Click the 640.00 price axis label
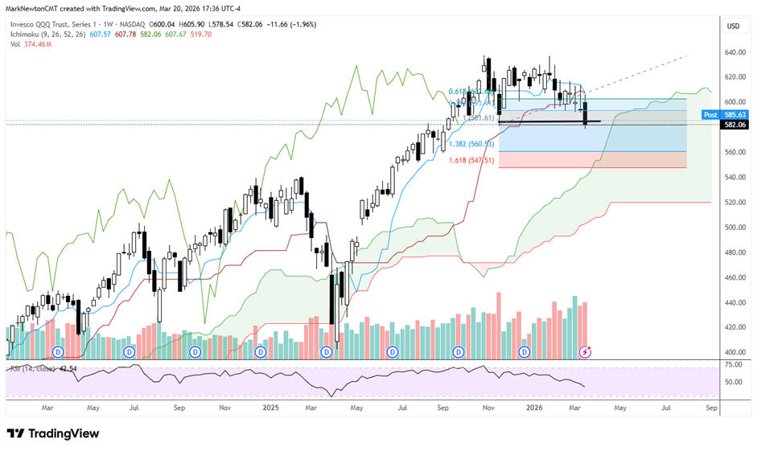[731, 53]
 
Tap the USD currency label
[733, 27]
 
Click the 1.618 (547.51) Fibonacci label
[471, 161]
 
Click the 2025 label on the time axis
[269, 408]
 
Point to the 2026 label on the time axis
[533, 408]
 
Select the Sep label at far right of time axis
[711, 408]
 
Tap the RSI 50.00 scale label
[733, 382]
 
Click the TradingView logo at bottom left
[53, 433]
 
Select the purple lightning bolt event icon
[587, 352]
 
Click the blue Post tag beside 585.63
[710, 115]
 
